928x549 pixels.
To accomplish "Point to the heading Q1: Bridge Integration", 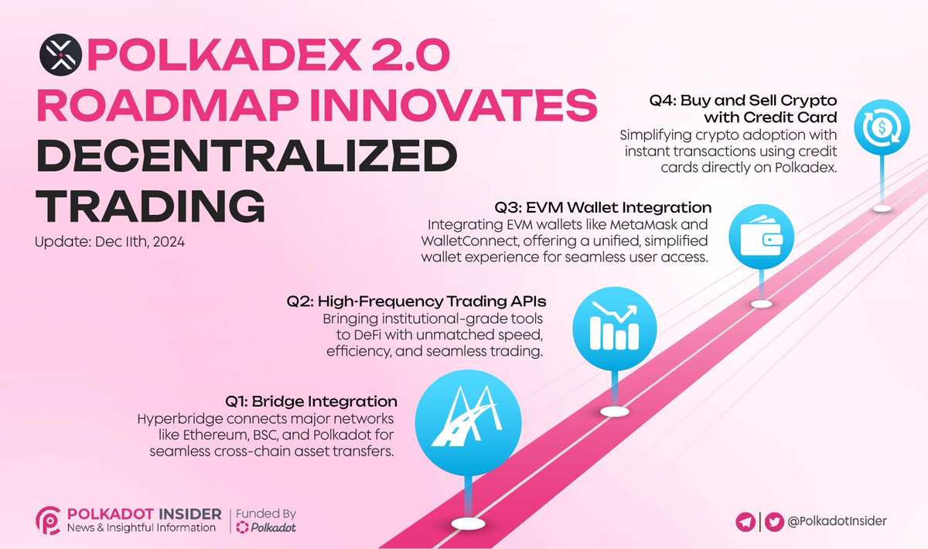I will (x=312, y=402).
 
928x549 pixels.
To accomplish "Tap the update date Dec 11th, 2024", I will (x=109, y=241).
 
